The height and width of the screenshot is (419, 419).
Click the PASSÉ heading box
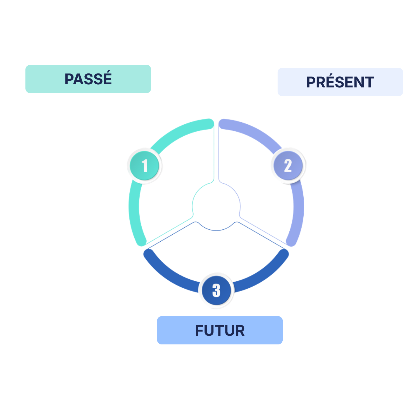[88, 79]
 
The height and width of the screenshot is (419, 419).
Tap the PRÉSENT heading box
[340, 82]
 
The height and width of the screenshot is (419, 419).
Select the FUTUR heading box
[220, 330]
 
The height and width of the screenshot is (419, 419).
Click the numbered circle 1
[145, 166]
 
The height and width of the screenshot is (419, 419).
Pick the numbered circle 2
[288, 166]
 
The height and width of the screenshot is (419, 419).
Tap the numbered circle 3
[216, 290]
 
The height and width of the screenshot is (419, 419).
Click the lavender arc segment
[298, 207]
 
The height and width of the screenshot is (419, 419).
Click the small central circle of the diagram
[216, 206]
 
